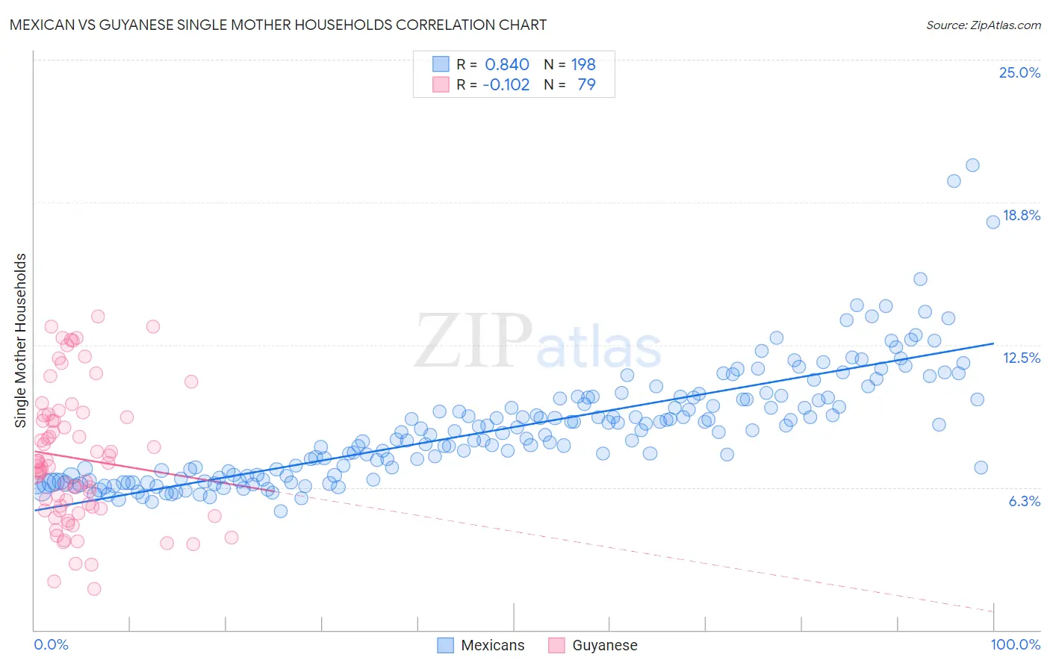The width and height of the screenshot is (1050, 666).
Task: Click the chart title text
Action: (x=278, y=25)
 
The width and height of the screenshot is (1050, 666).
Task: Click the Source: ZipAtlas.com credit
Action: (x=983, y=25)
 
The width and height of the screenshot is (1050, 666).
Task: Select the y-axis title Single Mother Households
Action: (x=20, y=340)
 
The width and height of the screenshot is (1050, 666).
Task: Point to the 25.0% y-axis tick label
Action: (x=1019, y=72)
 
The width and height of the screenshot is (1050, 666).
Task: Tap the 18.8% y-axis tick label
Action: (x=1021, y=215)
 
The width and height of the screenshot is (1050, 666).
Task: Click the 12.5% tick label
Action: (x=1021, y=358)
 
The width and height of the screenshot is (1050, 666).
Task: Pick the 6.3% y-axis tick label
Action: (x=1024, y=501)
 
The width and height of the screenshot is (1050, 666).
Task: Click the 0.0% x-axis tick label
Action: (x=51, y=644)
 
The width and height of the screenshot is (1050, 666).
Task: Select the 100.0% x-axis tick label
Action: (x=1015, y=644)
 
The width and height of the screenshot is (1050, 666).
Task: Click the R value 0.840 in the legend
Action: (x=506, y=64)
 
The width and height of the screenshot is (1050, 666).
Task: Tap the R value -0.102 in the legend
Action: (x=506, y=84)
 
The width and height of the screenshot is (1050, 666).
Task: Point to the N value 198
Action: (x=583, y=64)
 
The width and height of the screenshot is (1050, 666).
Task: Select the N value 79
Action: (x=586, y=84)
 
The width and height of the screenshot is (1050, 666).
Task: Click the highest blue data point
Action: (x=972, y=165)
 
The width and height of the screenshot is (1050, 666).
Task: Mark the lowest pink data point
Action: (x=94, y=588)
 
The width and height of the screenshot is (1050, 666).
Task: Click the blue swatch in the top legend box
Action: (x=441, y=64)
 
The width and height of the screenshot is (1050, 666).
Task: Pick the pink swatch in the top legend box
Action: (x=441, y=84)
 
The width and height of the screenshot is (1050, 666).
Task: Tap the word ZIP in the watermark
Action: (x=473, y=341)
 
